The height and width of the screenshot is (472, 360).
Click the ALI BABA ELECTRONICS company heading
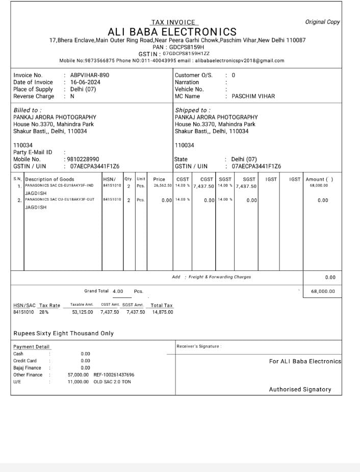click(172, 32)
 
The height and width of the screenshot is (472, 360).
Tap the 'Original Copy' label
click(322, 22)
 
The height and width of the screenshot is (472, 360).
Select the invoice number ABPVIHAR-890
click(90, 75)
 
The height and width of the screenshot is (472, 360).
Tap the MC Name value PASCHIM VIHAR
click(253, 96)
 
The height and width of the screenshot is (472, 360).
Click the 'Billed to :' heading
click(27, 110)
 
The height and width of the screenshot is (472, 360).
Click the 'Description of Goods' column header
click(49, 180)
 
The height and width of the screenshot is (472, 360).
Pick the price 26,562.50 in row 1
click(163, 186)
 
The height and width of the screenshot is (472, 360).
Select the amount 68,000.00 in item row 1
click(319, 186)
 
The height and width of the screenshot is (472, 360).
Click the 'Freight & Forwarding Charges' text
click(219, 277)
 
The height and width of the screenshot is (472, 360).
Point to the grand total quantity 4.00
click(118, 291)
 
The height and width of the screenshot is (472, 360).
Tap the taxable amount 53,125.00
click(82, 312)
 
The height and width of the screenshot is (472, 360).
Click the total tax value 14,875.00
click(163, 312)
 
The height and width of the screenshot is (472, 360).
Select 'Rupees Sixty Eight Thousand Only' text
click(63, 333)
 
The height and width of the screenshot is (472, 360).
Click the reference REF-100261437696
click(114, 375)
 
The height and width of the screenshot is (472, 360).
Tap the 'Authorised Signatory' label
click(300, 389)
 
